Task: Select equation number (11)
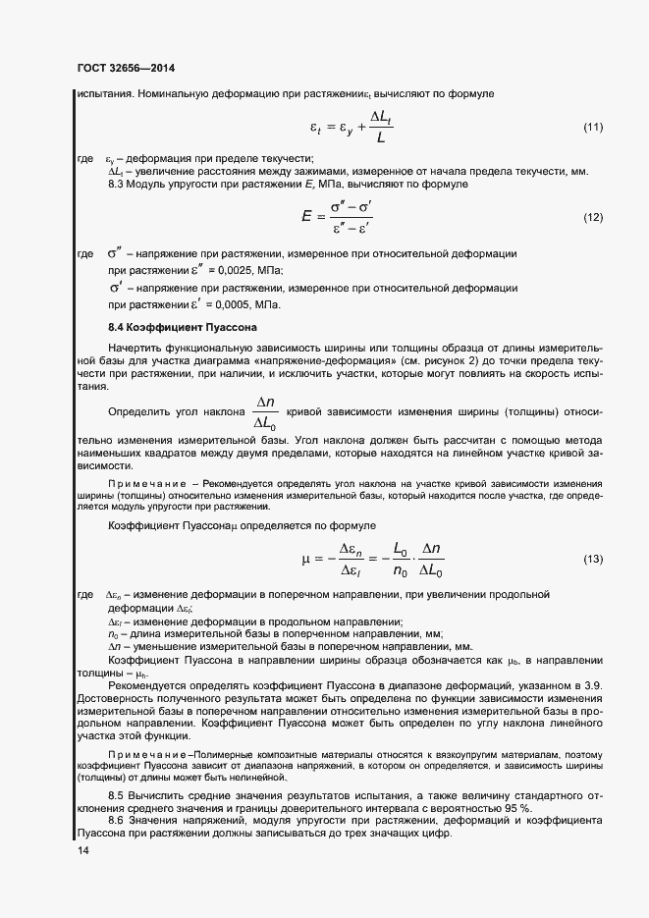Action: point(593,128)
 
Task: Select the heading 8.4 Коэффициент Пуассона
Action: point(181,326)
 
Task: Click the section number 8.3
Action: point(117,184)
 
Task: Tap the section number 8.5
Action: point(117,793)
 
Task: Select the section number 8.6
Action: point(117,818)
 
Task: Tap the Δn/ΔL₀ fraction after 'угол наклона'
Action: point(265,412)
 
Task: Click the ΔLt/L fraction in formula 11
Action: point(383,129)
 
